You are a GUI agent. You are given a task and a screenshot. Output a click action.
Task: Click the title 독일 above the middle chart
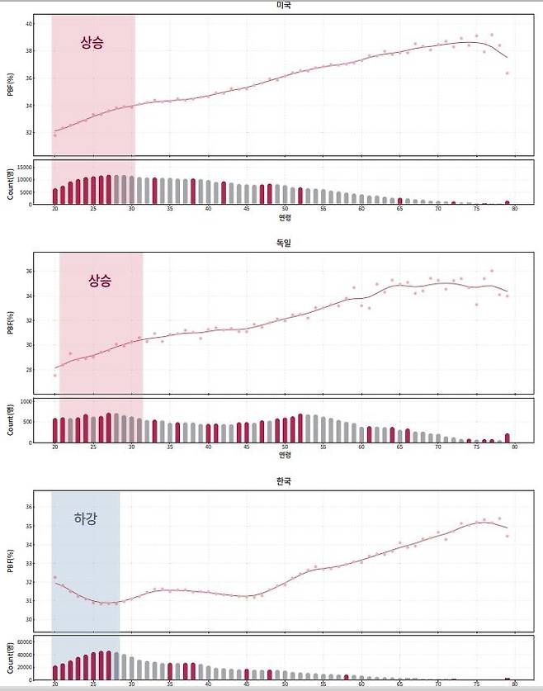(x=284, y=243)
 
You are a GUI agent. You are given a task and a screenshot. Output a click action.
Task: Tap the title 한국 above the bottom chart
(x=284, y=480)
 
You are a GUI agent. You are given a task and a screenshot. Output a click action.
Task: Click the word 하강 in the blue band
(x=85, y=518)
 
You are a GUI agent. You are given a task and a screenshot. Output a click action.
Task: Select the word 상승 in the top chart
(x=92, y=43)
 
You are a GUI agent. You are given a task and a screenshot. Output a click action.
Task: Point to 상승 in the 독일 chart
(x=100, y=280)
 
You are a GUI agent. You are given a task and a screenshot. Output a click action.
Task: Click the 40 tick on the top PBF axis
(x=28, y=25)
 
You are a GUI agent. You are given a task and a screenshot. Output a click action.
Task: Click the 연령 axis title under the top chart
(x=284, y=219)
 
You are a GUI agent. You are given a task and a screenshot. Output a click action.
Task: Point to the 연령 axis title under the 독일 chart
(x=284, y=455)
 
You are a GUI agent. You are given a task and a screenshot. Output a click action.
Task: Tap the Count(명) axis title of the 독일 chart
(x=10, y=420)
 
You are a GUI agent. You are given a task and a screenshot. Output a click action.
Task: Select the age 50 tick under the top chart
(x=285, y=210)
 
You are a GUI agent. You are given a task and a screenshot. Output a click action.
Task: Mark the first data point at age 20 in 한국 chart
(x=55, y=577)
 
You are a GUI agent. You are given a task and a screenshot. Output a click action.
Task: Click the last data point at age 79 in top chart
(x=507, y=73)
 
